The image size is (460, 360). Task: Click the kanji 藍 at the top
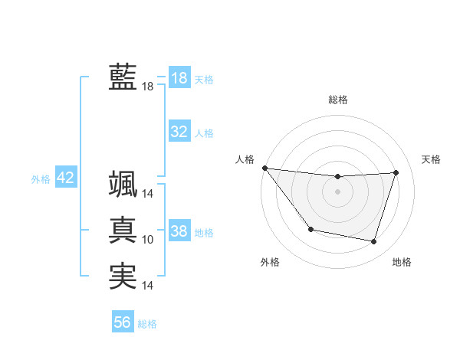point(123,77)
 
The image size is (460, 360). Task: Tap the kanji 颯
point(123,184)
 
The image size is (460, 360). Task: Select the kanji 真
point(123,231)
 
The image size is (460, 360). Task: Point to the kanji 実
point(123,277)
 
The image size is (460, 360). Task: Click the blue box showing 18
point(179,78)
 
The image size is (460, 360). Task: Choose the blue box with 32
point(179,132)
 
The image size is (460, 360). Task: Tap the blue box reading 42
point(65,178)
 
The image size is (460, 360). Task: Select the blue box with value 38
point(179,231)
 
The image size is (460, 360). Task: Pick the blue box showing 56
point(123,322)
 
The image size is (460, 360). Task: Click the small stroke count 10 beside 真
point(148,240)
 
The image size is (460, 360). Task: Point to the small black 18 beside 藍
point(148,87)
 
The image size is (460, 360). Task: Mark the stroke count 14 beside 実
point(148,286)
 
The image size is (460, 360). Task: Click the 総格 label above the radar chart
point(338,100)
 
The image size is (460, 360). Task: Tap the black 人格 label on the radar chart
point(245,159)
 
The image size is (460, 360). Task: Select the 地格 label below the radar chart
point(402,262)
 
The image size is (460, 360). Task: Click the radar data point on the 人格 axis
point(264,168)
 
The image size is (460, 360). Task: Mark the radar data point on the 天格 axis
point(396,173)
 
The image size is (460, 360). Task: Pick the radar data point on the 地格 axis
point(373,241)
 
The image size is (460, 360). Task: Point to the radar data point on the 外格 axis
point(310,229)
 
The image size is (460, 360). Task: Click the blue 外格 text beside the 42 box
point(41,178)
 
